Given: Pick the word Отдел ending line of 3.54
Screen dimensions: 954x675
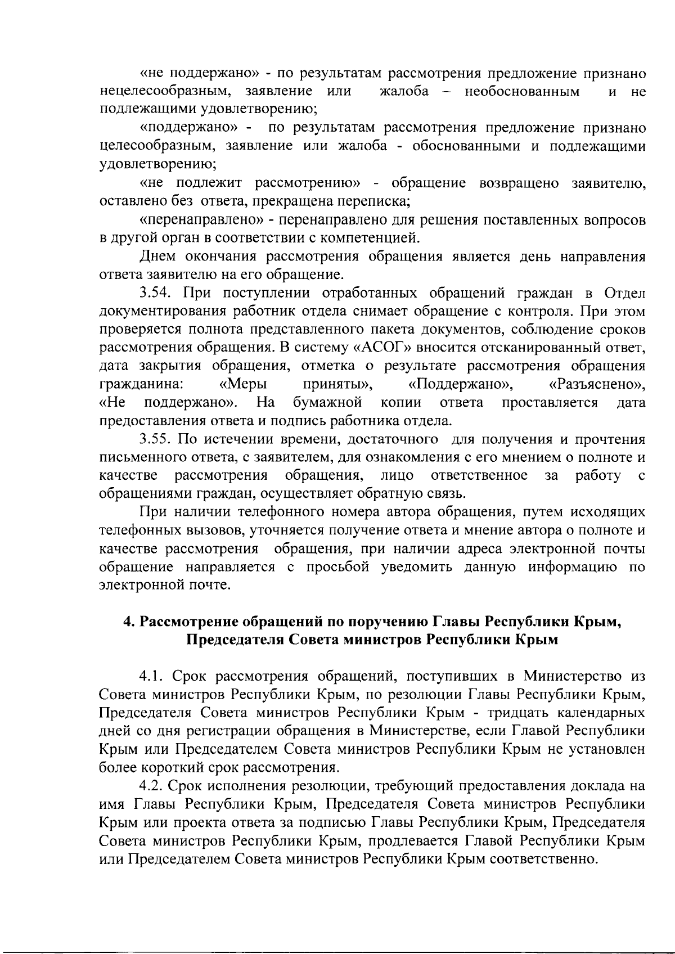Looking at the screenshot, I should tap(624, 293).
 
